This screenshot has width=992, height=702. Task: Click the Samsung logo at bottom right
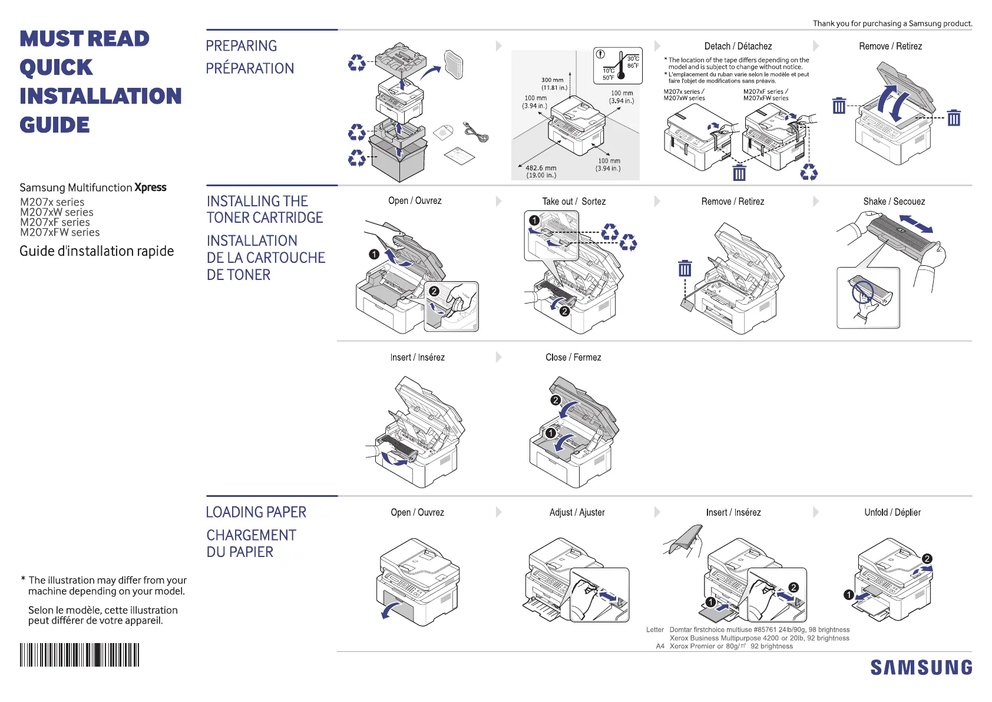(x=921, y=667)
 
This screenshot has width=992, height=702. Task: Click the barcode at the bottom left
(x=80, y=655)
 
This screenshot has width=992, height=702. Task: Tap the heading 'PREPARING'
(x=242, y=46)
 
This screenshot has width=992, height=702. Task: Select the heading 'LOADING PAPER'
(x=256, y=512)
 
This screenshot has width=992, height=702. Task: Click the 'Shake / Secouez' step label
(x=894, y=202)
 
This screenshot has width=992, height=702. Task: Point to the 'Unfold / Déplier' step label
(x=892, y=513)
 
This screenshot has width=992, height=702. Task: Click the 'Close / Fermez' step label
(x=573, y=358)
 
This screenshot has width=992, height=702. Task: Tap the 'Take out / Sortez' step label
(x=574, y=202)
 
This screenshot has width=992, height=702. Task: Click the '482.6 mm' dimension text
(x=541, y=168)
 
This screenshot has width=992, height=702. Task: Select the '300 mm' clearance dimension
(x=553, y=80)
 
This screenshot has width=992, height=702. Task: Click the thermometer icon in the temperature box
(x=621, y=66)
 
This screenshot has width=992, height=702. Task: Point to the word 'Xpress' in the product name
(x=151, y=187)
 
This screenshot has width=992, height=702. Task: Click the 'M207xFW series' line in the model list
(x=60, y=233)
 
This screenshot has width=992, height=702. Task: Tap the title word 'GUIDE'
(x=55, y=125)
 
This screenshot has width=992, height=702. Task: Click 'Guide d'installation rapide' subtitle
(x=97, y=251)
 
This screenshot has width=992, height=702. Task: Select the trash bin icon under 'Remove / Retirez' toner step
(x=685, y=268)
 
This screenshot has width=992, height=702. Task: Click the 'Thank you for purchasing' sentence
(x=892, y=24)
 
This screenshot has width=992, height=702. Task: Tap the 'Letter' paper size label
(x=654, y=630)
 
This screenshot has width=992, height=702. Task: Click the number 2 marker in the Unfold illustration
(x=927, y=559)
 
